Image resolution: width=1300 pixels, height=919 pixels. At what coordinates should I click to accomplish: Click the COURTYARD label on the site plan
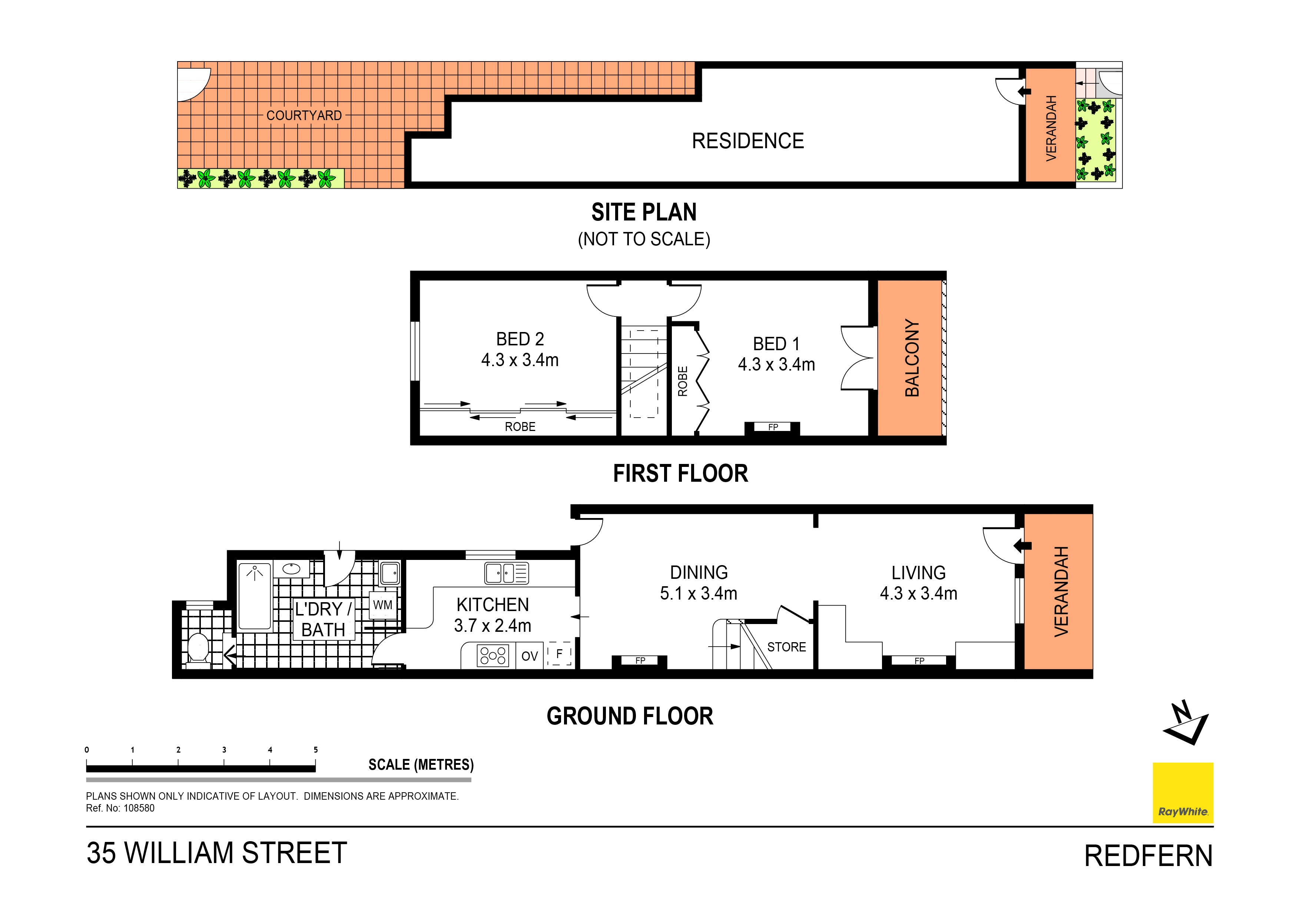click(304, 116)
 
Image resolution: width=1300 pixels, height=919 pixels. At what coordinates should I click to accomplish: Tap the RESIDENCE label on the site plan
click(747, 141)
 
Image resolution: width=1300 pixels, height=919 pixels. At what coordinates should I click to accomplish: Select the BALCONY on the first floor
click(911, 358)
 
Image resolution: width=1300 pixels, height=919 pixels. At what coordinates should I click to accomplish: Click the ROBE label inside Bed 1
click(683, 381)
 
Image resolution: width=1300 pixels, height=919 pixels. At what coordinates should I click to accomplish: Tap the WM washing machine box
click(383, 605)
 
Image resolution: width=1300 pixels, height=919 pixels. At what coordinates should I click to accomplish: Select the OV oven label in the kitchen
click(530, 656)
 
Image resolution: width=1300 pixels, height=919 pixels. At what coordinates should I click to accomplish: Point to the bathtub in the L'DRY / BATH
click(255, 596)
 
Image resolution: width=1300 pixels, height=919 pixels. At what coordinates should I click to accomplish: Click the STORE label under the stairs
click(786, 647)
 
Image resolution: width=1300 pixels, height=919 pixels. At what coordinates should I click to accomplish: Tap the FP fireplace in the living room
click(919, 661)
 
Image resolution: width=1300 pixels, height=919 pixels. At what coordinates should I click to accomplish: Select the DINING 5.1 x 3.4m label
click(699, 583)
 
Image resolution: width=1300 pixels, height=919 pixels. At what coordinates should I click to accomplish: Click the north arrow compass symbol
click(1185, 723)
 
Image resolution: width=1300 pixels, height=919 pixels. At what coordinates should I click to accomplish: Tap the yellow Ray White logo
click(1183, 793)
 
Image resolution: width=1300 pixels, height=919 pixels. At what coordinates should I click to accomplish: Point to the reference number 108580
click(139, 809)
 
